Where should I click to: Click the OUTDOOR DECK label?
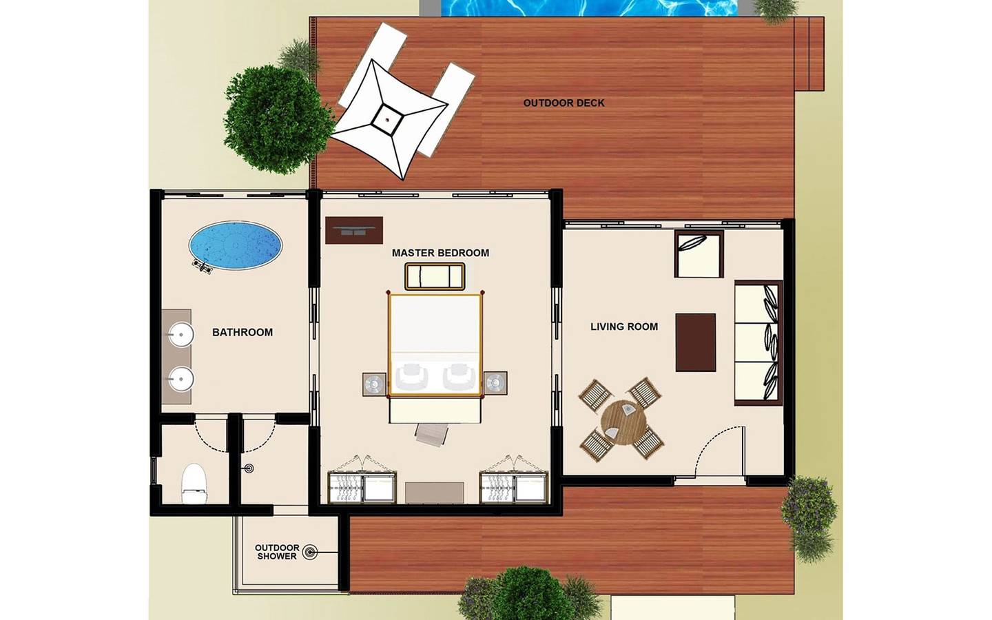pyautogui.click(x=564, y=103)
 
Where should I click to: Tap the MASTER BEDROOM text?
pyautogui.click(x=440, y=253)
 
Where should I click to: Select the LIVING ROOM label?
pyautogui.click(x=623, y=327)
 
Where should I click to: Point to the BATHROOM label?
pyautogui.click(x=242, y=332)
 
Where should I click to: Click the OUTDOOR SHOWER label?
pyautogui.click(x=277, y=552)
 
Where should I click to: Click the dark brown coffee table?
pyautogui.click(x=695, y=342)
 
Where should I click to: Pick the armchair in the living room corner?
pyautogui.click(x=699, y=254)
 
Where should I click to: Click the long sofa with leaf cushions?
pyautogui.click(x=758, y=342)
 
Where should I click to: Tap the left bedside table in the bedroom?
pyautogui.click(x=374, y=384)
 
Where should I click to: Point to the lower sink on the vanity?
pyautogui.click(x=180, y=378)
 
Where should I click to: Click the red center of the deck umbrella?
pyautogui.click(x=387, y=119)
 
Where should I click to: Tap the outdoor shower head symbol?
pyautogui.click(x=310, y=552)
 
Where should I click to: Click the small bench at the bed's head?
pyautogui.click(x=435, y=276)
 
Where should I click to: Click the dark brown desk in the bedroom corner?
pyautogui.click(x=353, y=231)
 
